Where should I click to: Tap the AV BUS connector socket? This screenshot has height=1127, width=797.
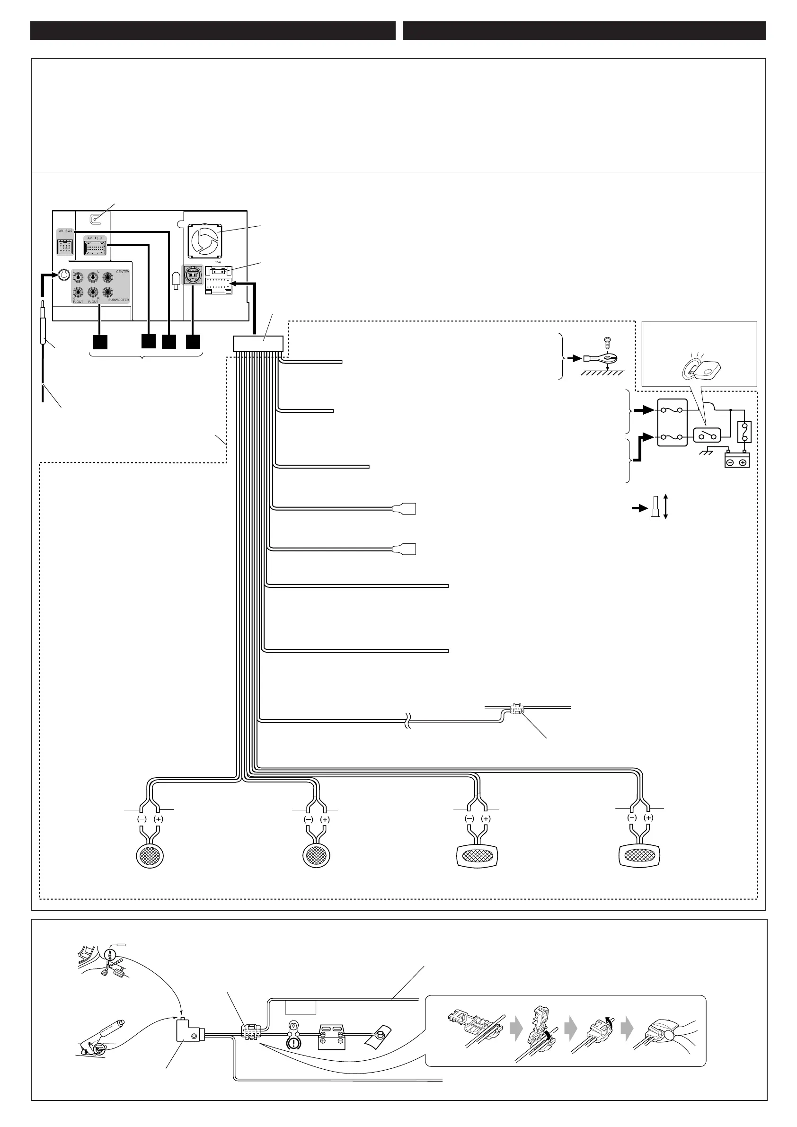coord(65,247)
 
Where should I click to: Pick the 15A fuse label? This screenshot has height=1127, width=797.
coord(218,262)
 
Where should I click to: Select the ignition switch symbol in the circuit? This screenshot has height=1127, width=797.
coord(706,435)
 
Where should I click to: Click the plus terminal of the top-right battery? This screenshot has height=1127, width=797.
coord(743,462)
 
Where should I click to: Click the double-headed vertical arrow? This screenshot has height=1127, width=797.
coord(665,506)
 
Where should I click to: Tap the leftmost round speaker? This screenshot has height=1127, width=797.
coord(149,856)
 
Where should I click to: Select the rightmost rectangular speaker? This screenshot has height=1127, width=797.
coord(638,856)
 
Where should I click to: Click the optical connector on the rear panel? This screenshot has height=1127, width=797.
coord(191,275)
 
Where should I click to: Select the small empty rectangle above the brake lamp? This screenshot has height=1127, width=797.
coord(301,1008)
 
